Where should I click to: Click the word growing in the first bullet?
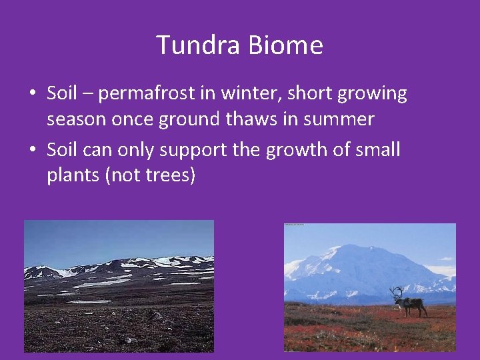pos(372,95)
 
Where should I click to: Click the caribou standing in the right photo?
pos(410,305)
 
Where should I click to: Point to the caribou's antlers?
pos(397,292)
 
